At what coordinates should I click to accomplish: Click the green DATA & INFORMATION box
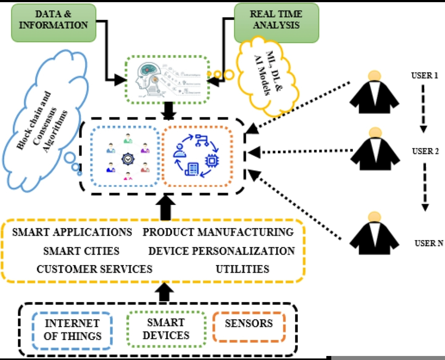pos(53,23)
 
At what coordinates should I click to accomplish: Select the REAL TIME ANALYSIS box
pos(276,23)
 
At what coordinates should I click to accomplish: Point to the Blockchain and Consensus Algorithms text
pos(42,122)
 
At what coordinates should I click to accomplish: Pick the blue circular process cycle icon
pos(197,156)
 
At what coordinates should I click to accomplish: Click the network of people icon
pos(128,157)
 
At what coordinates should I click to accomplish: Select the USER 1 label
pos(424,75)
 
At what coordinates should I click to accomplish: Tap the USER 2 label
pos(425,151)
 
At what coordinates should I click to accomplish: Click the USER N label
pos(429,243)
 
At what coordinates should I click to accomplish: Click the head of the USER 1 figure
pos(375,76)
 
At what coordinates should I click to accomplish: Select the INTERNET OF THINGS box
pos(72,330)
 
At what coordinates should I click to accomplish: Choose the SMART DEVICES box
pos(166,329)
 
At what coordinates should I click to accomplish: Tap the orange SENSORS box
pos(249,327)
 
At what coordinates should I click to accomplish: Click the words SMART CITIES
pos(81,251)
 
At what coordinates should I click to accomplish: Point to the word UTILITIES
pos(242,269)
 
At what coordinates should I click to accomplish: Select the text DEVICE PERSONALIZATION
pos(221,251)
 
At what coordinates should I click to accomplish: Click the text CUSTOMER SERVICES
pos(94,269)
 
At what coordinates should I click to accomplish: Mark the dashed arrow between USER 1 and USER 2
pos(423,108)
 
